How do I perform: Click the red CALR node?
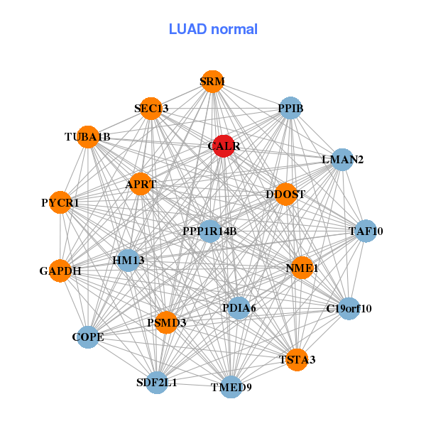[x=224, y=146]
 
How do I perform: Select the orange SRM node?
[x=212, y=82]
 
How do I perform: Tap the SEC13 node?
[x=151, y=109]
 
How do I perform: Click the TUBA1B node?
[x=87, y=136]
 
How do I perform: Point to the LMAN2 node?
[x=343, y=160]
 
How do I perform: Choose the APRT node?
[x=141, y=184]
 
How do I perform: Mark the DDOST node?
[x=285, y=194]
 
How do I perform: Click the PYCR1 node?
[x=60, y=203]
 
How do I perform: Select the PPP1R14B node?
[x=209, y=231]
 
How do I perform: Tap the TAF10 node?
[x=366, y=231]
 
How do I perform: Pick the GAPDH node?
[x=60, y=271]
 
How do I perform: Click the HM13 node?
[x=129, y=261]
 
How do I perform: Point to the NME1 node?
[x=302, y=268]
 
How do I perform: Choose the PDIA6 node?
[x=239, y=308]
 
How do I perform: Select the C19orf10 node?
[x=349, y=308]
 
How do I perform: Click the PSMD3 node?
[x=166, y=322]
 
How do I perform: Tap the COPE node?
[x=88, y=337]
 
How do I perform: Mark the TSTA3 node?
[x=297, y=359]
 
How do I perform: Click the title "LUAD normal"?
[x=213, y=29]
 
